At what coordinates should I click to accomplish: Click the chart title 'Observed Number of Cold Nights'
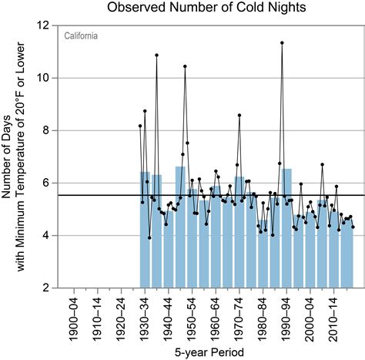click(x=203, y=8)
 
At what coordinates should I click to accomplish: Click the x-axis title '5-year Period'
click(x=203, y=352)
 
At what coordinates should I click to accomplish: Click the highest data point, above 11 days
click(x=283, y=43)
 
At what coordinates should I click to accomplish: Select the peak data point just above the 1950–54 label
click(x=185, y=66)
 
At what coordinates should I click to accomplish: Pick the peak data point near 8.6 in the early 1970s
click(x=239, y=115)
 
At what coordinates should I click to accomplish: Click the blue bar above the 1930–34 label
click(x=145, y=231)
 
